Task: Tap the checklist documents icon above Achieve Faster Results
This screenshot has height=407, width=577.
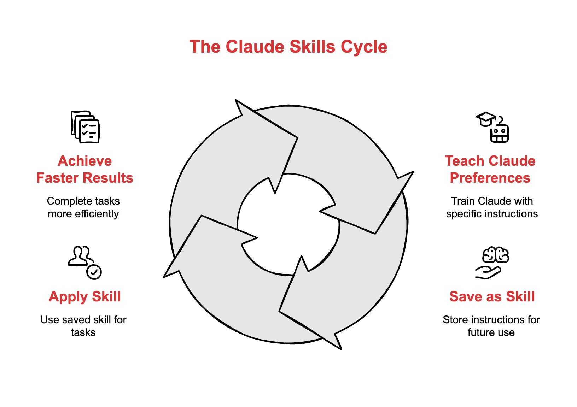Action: (85, 127)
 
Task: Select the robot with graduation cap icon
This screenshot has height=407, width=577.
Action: (493, 128)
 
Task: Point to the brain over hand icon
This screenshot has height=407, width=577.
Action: (492, 263)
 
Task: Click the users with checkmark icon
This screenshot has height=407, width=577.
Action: (85, 263)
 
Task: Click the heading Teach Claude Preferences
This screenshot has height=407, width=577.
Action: (490, 169)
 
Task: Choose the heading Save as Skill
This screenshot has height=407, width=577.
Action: (492, 296)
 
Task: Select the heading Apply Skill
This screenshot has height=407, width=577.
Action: (85, 296)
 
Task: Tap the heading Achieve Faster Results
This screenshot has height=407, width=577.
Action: (85, 169)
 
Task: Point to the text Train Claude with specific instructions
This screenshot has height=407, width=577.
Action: (492, 207)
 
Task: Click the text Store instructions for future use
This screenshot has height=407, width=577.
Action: (491, 326)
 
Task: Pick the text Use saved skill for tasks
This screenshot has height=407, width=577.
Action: (83, 326)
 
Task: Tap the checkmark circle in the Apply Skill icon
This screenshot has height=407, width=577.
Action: (94, 272)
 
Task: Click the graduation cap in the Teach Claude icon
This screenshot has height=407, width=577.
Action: (485, 119)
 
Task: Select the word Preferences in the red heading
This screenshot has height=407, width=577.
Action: (490, 178)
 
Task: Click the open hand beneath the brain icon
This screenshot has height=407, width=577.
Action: (488, 272)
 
